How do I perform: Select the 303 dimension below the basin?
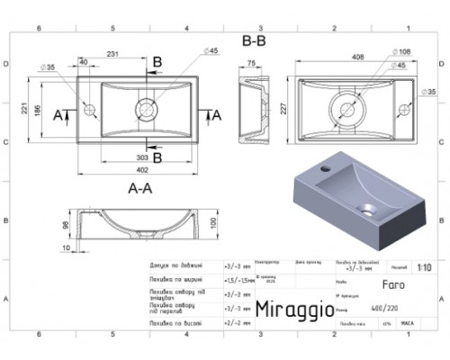pos(145,157)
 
